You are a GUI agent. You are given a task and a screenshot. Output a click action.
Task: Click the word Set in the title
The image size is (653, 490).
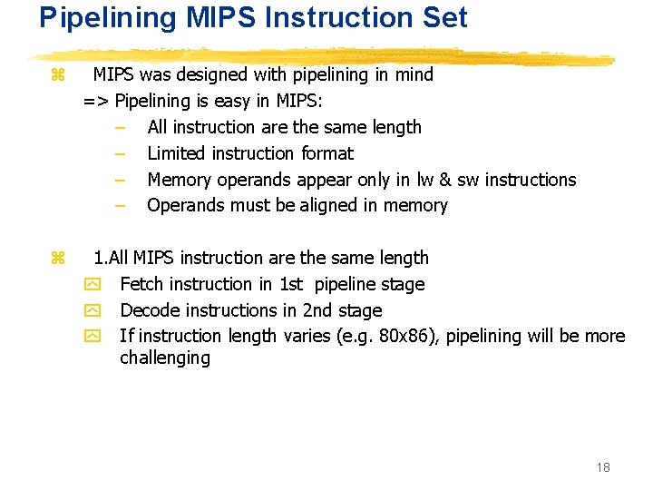pyautogui.click(x=443, y=17)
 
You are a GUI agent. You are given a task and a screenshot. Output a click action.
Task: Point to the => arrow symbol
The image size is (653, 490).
pyautogui.click(x=96, y=101)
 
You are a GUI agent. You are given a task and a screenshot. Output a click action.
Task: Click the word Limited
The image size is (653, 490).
pyautogui.click(x=179, y=153)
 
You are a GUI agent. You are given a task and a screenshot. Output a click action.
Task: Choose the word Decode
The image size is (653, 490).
pyautogui.click(x=148, y=310)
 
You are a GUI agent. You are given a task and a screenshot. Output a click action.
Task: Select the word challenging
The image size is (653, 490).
pyautogui.click(x=164, y=358)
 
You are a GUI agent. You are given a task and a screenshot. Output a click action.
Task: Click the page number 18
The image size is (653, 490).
pyautogui.click(x=603, y=467)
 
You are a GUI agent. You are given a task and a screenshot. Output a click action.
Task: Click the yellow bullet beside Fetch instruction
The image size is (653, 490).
pyautogui.click(x=91, y=285)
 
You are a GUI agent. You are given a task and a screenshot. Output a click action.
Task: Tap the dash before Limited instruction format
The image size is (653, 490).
pyautogui.click(x=119, y=153)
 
